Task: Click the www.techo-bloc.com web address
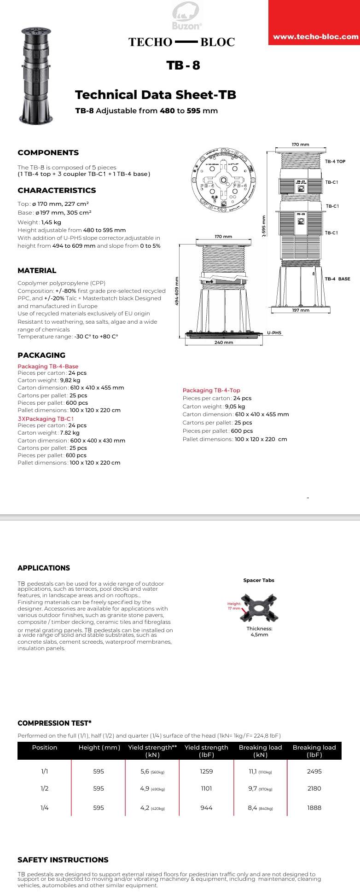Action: pos(315,37)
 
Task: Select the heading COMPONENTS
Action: pos(48,152)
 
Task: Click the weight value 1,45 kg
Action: pos(51,222)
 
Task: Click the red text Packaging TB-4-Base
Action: pos(48,366)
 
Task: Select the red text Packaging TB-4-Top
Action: pos(211,390)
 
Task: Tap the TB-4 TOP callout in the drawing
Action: pos(335,162)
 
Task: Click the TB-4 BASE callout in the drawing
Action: pos(337,279)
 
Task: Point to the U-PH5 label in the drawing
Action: pos(274,333)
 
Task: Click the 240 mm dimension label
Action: pos(224,343)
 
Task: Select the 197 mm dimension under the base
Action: pos(301,310)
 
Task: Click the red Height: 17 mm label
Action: pos(234,606)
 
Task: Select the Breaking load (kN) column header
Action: pos(260,751)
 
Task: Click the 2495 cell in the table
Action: pos(314,771)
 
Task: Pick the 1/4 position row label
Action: pos(45,808)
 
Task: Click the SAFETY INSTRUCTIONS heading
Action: pos(63,860)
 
